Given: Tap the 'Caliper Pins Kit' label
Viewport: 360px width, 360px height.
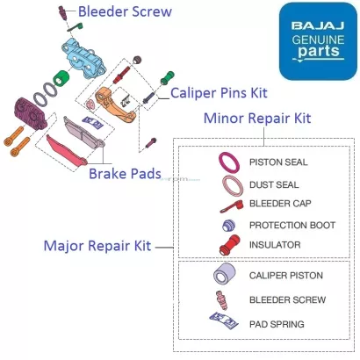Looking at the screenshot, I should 220,90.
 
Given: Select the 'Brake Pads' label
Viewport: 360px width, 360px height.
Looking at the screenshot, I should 124,174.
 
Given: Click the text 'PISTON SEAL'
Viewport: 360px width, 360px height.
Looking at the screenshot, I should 278,162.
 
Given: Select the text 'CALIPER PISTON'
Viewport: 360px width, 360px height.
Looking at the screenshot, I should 286,276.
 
